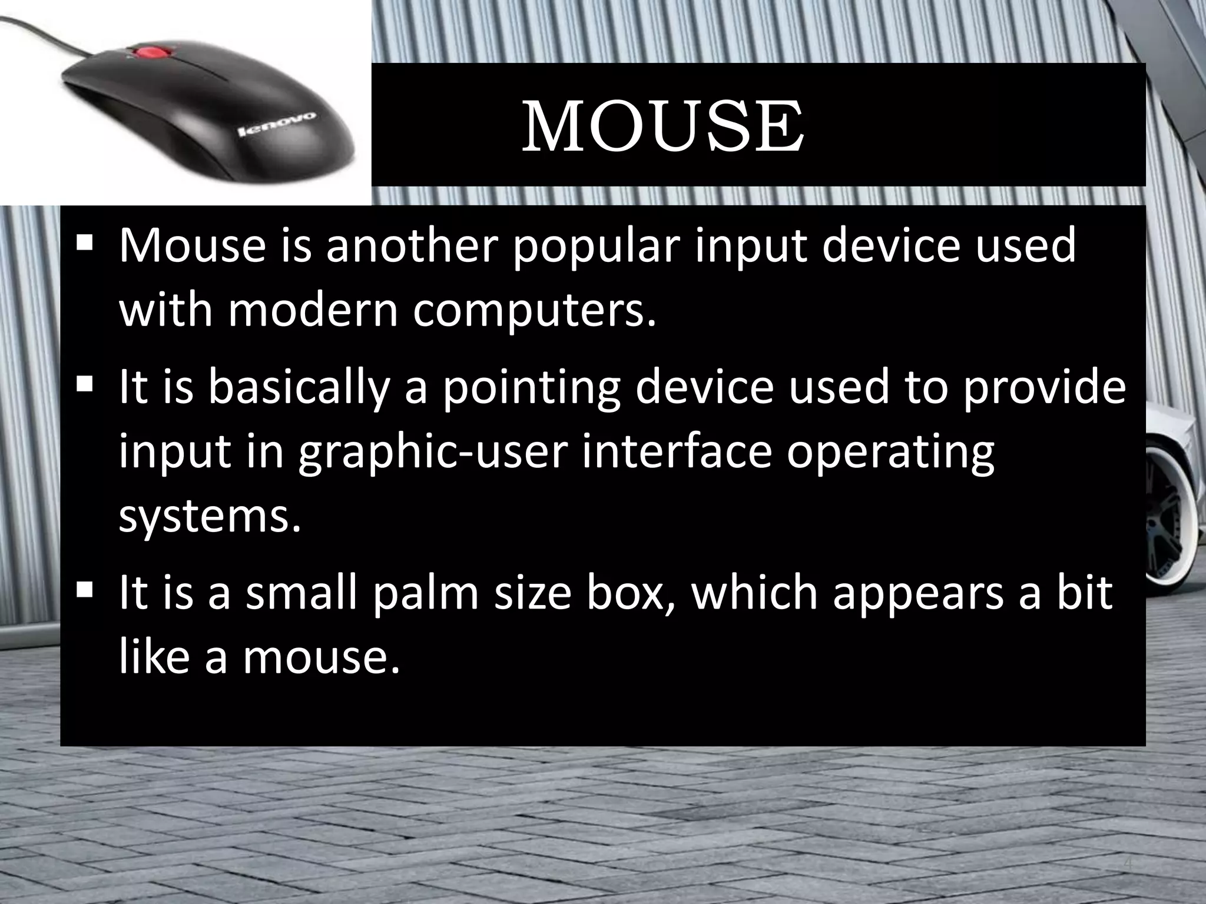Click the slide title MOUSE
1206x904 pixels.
pyautogui.click(x=662, y=126)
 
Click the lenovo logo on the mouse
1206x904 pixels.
pyautogui.click(x=276, y=124)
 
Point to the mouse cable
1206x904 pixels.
pyautogui.click(x=41, y=29)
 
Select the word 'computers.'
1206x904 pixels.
pyautogui.click(x=534, y=312)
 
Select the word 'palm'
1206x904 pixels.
pyautogui.click(x=426, y=593)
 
